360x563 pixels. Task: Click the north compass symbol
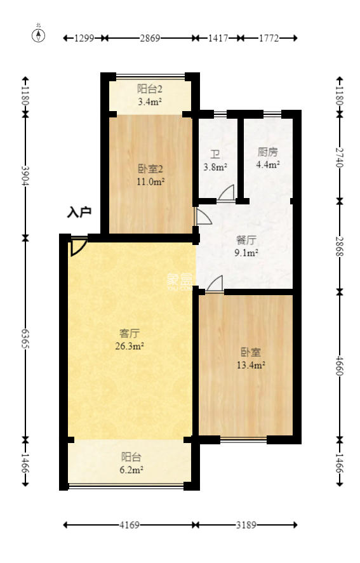39,34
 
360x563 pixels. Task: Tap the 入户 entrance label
80,213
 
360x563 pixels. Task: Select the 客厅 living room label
130,333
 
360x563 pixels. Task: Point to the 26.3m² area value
130,346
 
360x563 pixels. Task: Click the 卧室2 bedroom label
151,169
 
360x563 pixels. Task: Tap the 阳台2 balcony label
150,89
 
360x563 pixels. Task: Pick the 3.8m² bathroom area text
215,168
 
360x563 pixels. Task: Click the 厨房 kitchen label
267,152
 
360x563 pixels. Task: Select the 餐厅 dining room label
246,241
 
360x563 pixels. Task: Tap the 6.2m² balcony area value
131,470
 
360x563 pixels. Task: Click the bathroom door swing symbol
227,193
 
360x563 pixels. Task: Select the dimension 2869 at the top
150,38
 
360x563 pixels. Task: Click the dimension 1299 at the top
84,38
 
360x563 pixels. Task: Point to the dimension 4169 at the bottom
129,525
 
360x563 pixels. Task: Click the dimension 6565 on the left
25,338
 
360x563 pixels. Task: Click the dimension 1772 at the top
269,38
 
